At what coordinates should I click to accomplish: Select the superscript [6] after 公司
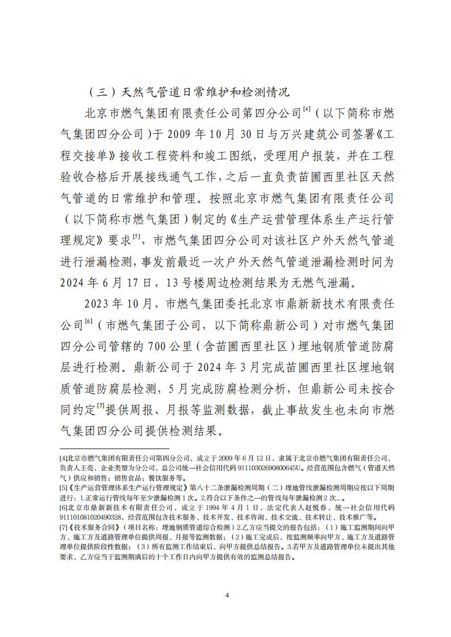pos(89,322)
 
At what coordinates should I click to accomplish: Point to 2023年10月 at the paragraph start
pos(116,305)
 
